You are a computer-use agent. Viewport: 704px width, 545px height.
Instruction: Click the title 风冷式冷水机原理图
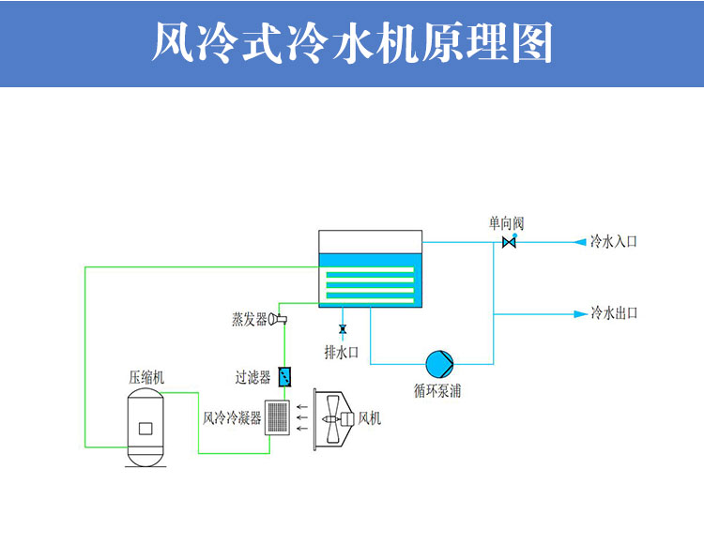coord(352,43)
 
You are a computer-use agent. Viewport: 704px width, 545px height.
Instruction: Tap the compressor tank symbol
coord(145,429)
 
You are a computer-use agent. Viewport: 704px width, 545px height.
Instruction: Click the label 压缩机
coord(146,378)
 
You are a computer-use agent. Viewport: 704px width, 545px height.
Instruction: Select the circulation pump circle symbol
coord(438,363)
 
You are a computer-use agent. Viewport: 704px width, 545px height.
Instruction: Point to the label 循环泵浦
coord(437,390)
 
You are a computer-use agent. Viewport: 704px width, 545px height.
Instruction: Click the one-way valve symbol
coord(509,243)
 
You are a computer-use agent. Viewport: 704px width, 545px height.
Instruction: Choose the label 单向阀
coord(506,223)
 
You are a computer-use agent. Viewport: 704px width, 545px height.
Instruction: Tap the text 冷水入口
coord(614,242)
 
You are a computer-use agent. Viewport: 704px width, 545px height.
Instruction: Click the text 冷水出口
coord(614,313)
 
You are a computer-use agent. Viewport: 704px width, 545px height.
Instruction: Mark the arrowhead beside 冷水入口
coord(579,242)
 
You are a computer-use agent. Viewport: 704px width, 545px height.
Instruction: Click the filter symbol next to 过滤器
coord(285,377)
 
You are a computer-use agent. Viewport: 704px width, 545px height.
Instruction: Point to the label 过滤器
coord(253,377)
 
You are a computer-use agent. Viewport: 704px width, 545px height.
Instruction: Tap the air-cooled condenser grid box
coord(277,417)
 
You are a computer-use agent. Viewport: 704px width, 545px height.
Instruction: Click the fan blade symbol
coord(331,418)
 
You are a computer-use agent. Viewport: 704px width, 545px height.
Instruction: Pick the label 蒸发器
coord(250,320)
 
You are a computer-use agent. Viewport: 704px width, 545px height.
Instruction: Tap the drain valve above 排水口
coord(342,329)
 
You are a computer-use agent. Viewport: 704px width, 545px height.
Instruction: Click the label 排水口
coord(342,353)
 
